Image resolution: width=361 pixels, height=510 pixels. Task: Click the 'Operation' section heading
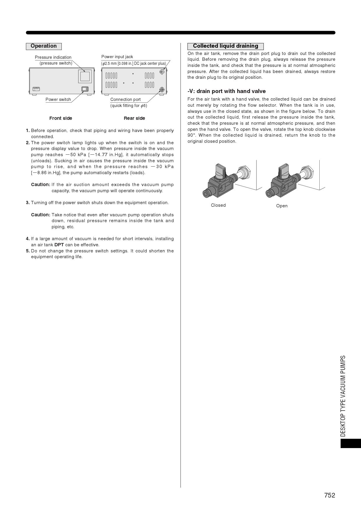click(44, 46)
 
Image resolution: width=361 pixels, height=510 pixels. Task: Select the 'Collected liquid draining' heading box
click(225, 46)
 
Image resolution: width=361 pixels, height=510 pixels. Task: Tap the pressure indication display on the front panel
click(85, 76)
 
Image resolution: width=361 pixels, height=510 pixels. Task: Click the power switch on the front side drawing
click(85, 89)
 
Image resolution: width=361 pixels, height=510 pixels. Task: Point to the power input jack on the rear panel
click(162, 72)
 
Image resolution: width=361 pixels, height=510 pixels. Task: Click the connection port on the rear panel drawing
click(162, 90)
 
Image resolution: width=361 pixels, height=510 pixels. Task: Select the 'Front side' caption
click(61, 118)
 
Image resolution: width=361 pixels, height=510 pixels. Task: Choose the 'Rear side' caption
click(134, 118)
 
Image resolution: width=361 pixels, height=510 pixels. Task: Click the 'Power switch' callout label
click(58, 99)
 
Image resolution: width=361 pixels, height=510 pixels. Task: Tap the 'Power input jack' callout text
click(117, 57)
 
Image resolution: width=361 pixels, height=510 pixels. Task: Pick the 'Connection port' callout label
click(125, 99)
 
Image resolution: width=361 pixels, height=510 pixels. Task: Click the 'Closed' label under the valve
click(218, 205)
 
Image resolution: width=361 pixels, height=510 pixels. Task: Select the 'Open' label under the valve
click(282, 206)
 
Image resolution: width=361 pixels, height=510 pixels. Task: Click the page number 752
click(330, 495)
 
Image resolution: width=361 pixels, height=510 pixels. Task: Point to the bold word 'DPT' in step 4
click(59, 245)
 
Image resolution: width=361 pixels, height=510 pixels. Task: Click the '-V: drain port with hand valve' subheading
click(226, 91)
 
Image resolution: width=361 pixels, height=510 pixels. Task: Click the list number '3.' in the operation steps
click(28, 203)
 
